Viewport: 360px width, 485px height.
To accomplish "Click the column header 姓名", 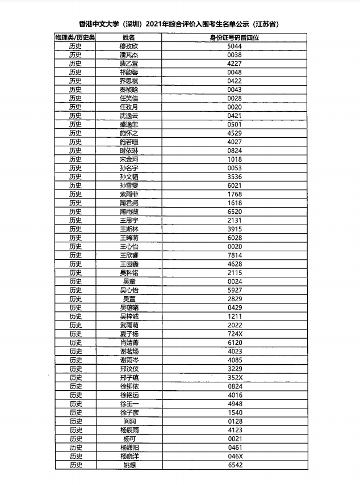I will point(128,37).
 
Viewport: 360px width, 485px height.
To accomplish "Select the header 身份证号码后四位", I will point(235,37).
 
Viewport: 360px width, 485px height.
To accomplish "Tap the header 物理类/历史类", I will point(75,37).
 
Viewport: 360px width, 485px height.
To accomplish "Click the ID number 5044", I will point(235,46).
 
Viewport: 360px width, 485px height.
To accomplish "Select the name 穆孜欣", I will point(128,46).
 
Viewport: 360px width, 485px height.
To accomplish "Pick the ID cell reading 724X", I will point(235,334).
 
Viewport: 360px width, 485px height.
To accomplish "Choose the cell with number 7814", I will point(235,255).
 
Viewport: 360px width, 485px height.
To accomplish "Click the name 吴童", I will point(128,281).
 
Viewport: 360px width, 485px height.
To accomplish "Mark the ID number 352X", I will point(235,378).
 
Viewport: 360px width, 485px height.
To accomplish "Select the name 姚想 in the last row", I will point(128,465).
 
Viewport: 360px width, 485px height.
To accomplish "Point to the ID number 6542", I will point(235,465).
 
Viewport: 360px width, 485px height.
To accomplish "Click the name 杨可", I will point(128,439).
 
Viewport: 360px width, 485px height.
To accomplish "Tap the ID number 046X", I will point(235,456).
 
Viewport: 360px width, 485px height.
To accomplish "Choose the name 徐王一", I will point(128,404).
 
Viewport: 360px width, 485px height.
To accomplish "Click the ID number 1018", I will point(235,159).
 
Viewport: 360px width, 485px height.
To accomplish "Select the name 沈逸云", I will point(128,116).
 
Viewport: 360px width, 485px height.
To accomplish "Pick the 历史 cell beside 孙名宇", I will point(75,168).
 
